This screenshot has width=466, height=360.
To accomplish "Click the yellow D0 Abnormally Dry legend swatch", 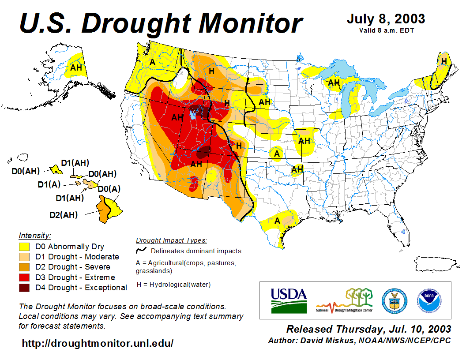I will point(24,247).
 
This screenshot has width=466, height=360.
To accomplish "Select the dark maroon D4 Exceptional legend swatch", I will point(24,288).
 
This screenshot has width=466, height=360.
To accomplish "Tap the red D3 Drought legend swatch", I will point(24,277).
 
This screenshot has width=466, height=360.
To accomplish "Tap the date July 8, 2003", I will point(386,19).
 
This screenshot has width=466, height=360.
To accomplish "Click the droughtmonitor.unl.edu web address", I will point(98,343).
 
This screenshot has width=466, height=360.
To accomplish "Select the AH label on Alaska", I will point(76,67).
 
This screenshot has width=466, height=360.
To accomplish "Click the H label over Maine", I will point(443,61).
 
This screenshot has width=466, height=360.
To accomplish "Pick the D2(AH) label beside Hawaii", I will point(64,215).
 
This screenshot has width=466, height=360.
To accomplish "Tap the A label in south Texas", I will point(277,220).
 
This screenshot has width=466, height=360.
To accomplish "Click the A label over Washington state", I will point(152,62).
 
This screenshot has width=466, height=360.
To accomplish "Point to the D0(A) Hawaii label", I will point(109,189).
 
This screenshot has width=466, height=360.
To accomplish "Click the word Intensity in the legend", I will point(35,235).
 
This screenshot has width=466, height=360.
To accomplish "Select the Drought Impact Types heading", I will point(171,240).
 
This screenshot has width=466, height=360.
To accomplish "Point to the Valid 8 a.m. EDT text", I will point(386,30).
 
